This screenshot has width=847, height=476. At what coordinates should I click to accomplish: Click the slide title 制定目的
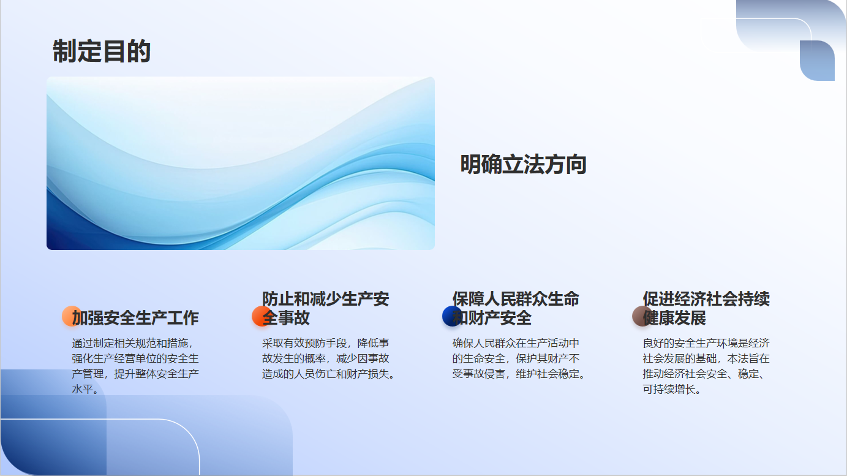point(102,51)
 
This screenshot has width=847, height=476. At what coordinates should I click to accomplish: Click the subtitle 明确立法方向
point(523,165)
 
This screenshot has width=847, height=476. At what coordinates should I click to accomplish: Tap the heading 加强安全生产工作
point(135,318)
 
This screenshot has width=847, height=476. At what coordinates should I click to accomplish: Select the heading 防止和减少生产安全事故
point(326,308)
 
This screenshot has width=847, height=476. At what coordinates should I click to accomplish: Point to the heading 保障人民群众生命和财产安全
point(516,308)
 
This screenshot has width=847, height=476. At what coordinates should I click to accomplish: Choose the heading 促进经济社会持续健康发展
point(706,308)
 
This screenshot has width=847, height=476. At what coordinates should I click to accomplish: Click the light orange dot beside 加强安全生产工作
point(72,316)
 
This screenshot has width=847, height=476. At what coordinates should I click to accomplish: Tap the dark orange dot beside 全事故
point(262,316)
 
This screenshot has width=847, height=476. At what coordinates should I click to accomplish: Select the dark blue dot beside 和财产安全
point(452,316)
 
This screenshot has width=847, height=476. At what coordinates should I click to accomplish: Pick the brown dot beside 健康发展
point(642,316)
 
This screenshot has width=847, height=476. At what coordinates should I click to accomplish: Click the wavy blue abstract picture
point(241,163)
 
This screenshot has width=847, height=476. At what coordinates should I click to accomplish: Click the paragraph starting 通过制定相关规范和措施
point(135,366)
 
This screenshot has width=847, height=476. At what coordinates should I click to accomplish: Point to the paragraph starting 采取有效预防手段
point(328,359)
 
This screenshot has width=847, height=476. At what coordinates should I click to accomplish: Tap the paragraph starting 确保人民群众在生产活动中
point(518,359)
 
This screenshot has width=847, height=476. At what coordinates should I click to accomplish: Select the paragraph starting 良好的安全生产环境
point(706,366)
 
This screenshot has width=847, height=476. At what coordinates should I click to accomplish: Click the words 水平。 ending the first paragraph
point(85,389)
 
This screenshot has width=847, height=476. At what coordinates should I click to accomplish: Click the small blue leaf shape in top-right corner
point(817,61)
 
